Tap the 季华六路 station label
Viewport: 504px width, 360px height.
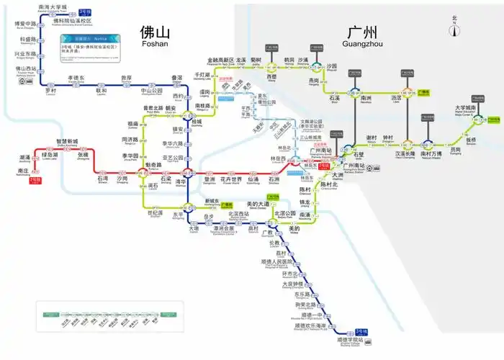[x=173, y=144]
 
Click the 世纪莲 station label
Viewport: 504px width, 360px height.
[x=155, y=213]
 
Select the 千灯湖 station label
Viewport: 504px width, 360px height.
[x=202, y=76]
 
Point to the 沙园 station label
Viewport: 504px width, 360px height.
[x=331, y=66]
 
